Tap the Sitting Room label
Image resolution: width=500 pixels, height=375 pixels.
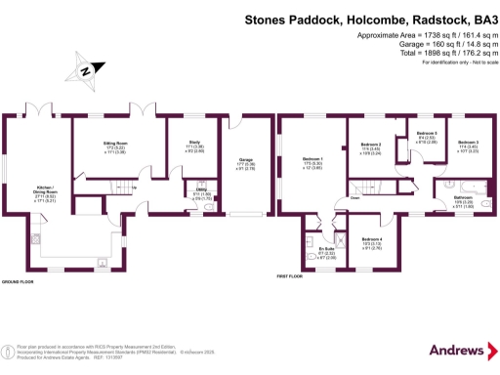(x=115, y=144)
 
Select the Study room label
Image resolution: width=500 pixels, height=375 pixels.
(x=193, y=143)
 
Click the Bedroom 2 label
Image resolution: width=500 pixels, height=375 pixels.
(x=371, y=144)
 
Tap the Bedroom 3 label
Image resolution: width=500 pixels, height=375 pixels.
(x=471, y=144)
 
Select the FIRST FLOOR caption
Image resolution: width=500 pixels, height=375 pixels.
(x=291, y=277)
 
